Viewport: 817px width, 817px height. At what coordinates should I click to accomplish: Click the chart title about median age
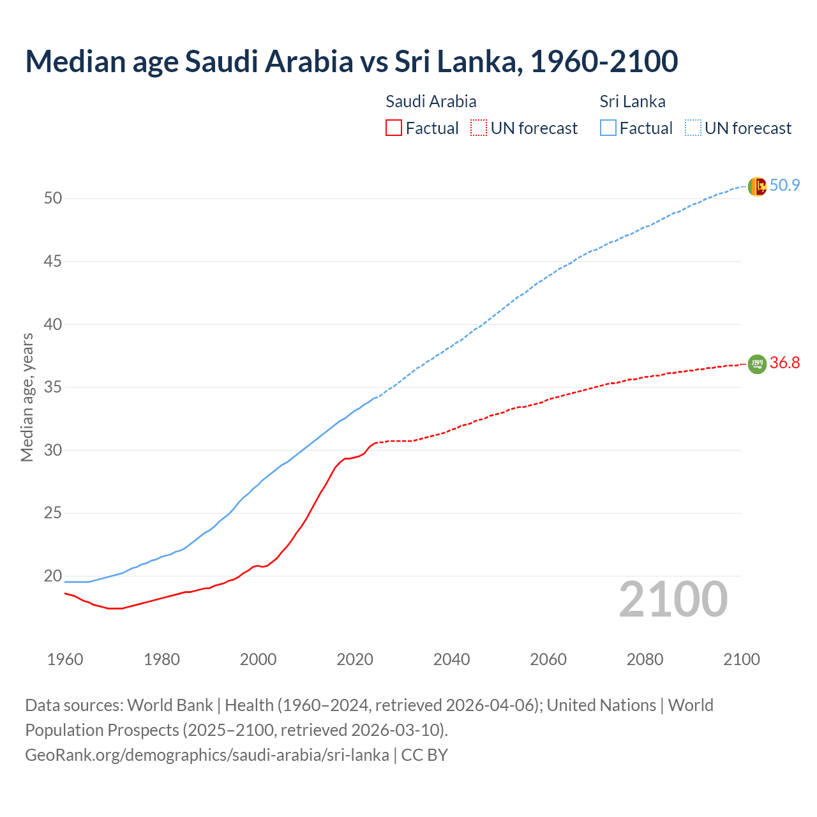tap(351, 61)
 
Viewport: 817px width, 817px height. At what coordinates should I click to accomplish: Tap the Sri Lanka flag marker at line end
tap(757, 186)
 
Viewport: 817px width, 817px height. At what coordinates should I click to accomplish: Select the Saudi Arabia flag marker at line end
tap(757, 364)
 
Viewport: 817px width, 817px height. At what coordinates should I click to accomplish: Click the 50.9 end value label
tap(784, 186)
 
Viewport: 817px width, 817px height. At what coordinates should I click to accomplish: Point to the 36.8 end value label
tap(784, 363)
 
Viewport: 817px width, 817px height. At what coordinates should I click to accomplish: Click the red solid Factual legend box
tap(394, 128)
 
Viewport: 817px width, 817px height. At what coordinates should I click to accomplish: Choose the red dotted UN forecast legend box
tap(479, 128)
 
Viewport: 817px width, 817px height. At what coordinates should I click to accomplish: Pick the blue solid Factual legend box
tap(608, 128)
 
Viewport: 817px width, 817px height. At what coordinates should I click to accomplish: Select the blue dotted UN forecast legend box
tap(693, 128)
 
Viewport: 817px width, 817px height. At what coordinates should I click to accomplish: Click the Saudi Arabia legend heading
tap(431, 101)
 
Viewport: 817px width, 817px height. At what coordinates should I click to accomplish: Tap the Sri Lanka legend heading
tap(633, 101)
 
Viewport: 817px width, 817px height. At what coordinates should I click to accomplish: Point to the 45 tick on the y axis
tap(53, 262)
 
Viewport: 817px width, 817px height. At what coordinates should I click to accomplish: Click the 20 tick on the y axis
tap(53, 576)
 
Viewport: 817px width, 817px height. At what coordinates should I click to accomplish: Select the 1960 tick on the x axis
tap(65, 659)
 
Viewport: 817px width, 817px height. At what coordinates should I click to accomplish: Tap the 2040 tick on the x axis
tap(451, 659)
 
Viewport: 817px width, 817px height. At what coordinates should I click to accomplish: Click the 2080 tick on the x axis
tap(645, 659)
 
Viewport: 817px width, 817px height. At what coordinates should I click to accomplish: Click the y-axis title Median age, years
tap(27, 397)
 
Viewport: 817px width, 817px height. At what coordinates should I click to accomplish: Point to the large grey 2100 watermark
tap(673, 599)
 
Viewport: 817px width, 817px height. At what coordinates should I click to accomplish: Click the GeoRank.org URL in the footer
tap(207, 755)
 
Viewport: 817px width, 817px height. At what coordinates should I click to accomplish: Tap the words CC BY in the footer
tap(424, 755)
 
